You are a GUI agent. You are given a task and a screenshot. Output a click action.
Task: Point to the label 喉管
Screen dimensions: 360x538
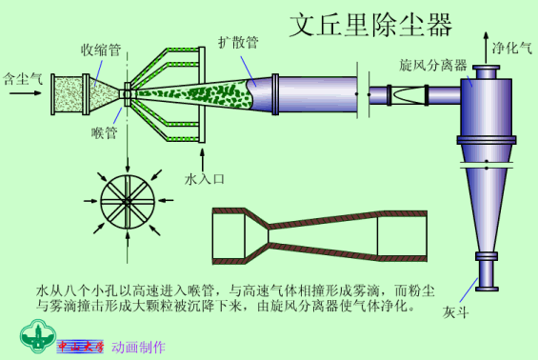(105, 132)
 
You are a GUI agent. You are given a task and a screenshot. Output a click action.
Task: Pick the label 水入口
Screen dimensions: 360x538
(201, 178)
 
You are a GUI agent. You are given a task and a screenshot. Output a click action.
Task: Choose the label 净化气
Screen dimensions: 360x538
(512, 46)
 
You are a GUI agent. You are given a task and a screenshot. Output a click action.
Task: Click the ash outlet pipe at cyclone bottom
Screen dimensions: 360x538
(487, 277)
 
